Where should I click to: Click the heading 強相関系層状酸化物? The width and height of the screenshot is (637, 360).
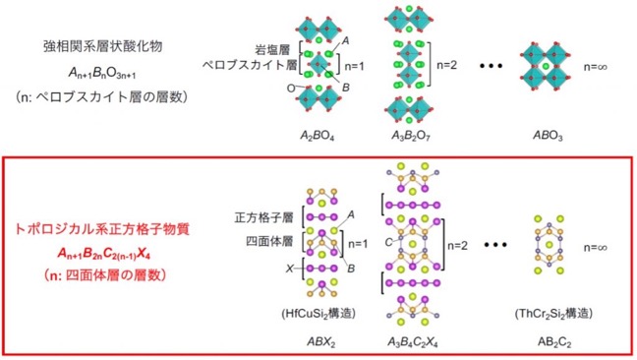pyautogui.click(x=103, y=46)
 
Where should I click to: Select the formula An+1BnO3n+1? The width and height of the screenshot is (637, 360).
pyautogui.click(x=102, y=73)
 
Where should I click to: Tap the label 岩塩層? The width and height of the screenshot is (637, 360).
pyautogui.click(x=272, y=50)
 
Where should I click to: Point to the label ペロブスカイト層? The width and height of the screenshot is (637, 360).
pyautogui.click(x=250, y=65)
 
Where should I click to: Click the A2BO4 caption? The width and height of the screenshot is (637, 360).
pyautogui.click(x=317, y=136)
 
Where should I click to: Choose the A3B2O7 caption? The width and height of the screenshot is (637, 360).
pyautogui.click(x=410, y=136)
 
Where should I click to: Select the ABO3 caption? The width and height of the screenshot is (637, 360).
pyautogui.click(x=548, y=136)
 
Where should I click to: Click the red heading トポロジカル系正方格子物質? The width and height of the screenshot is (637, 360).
pyautogui.click(x=102, y=229)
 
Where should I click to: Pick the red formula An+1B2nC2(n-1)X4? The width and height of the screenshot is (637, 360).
pyautogui.click(x=104, y=254)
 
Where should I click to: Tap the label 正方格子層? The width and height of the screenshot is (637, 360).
pyautogui.click(x=263, y=217)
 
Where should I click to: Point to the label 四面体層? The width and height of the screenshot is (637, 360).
pyautogui.click(x=269, y=241)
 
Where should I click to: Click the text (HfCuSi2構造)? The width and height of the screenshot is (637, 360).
pyautogui.click(x=318, y=313)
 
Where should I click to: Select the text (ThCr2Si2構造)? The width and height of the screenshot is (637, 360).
pyautogui.click(x=553, y=313)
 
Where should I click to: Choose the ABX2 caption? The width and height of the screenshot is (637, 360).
pyautogui.click(x=320, y=342)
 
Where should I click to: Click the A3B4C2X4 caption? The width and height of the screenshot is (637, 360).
pyautogui.click(x=412, y=342)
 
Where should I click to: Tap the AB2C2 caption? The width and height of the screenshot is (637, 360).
pyautogui.click(x=554, y=342)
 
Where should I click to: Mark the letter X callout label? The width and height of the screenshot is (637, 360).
pyautogui.click(x=289, y=269)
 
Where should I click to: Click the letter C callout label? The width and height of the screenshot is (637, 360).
pyautogui.click(x=388, y=243)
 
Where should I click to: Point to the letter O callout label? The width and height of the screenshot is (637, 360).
pyautogui.click(x=291, y=89)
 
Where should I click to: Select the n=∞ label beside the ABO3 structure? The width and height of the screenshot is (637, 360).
pyautogui.click(x=595, y=67)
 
